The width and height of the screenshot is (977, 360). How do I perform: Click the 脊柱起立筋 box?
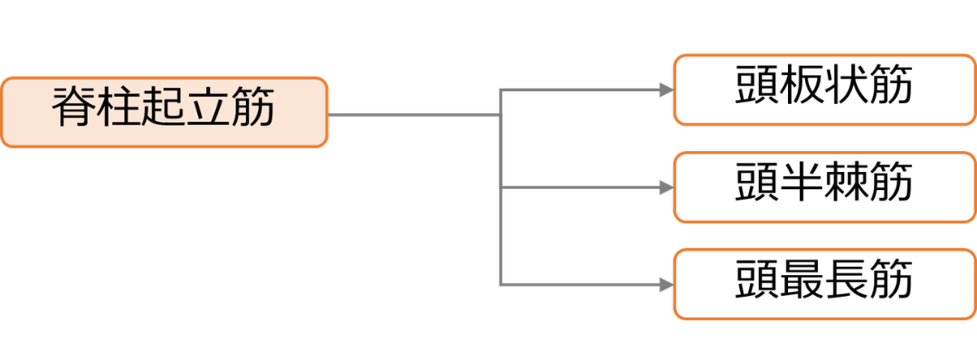pos(164,112)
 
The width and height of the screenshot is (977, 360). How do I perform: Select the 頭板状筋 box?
pos(824,90)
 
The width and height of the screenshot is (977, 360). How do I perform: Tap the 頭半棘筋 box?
pos(824,187)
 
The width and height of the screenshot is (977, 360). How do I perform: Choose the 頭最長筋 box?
pos(824,284)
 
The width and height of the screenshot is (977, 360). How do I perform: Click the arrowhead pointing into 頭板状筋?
pos(667,90)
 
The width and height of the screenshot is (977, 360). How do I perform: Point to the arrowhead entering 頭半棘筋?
pos(667,187)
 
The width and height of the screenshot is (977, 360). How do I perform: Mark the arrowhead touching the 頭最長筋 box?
pos(667,285)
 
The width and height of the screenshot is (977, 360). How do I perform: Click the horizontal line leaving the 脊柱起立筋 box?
pos(414,115)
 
